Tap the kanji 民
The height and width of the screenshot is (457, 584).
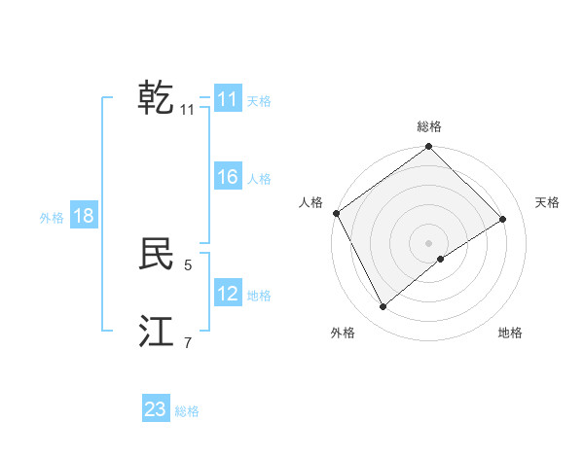pyautogui.click(x=156, y=255)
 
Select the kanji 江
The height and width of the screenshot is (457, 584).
pyautogui.click(x=156, y=333)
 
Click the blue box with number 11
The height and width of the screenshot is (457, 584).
pyautogui.click(x=227, y=99)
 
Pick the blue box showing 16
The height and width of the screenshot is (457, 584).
pyautogui.click(x=227, y=177)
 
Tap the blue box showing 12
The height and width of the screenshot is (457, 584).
pyautogui.click(x=227, y=294)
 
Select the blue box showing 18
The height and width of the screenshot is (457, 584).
pyautogui.click(x=84, y=216)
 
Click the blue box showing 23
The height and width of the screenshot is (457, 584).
pyautogui.click(x=156, y=409)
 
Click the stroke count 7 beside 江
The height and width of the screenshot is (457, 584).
pyautogui.click(x=188, y=342)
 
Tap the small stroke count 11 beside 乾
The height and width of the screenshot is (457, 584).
pyautogui.click(x=188, y=110)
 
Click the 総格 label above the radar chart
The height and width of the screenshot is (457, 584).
pyautogui.click(x=429, y=126)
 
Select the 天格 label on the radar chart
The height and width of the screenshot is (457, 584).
pyautogui.click(x=547, y=202)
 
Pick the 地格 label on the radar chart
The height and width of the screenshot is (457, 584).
pyautogui.click(x=510, y=334)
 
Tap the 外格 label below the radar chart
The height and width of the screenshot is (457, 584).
pyautogui.click(x=343, y=334)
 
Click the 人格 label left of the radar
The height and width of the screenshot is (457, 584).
pyautogui.click(x=310, y=202)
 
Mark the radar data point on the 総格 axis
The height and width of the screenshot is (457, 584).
pyautogui.click(x=429, y=147)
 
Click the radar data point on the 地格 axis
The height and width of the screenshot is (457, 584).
pyautogui.click(x=441, y=259)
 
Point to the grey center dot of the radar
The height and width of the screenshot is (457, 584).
pyautogui.click(x=429, y=242)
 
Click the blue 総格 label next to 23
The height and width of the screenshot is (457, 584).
pyautogui.click(x=187, y=411)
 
